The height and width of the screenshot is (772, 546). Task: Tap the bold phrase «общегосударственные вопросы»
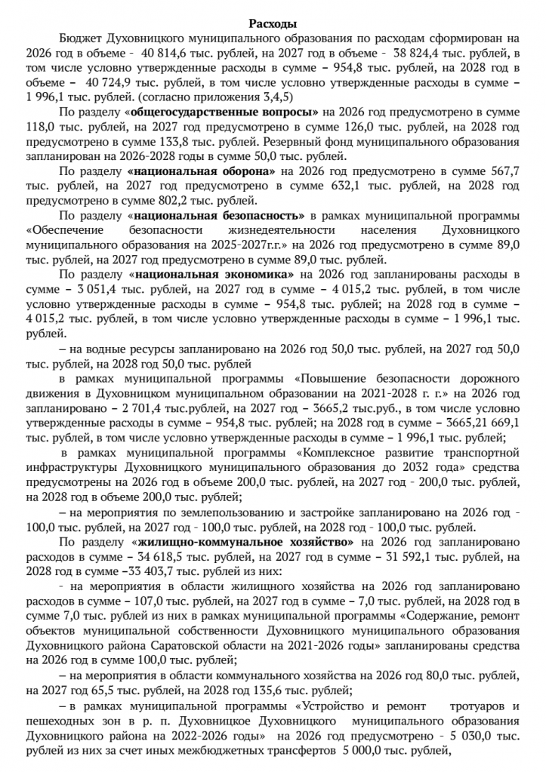(x=221, y=112)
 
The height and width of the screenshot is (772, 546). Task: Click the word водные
(x=102, y=349)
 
